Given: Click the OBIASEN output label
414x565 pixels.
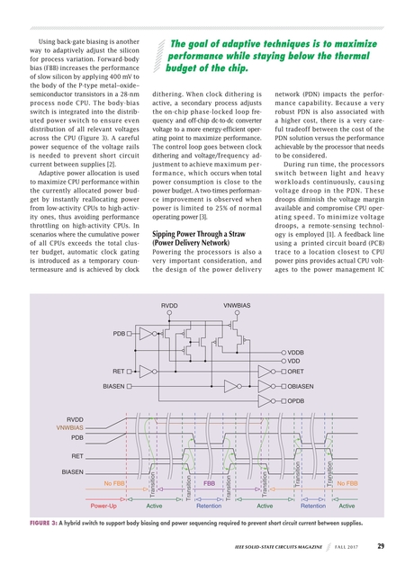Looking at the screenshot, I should [x=303, y=385].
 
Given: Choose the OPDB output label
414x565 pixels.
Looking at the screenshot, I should [x=298, y=399].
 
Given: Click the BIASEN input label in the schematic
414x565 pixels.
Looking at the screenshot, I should [x=114, y=385].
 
